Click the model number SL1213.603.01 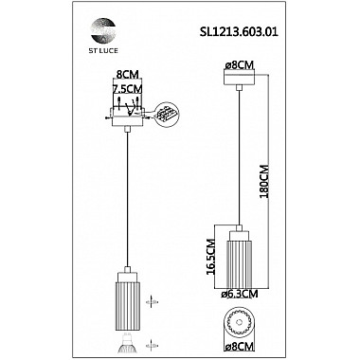(x=239, y=32)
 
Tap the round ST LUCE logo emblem (x=103, y=30)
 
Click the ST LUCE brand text (x=103, y=50)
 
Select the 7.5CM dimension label (x=128, y=89)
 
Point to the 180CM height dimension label (x=263, y=181)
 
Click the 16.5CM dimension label (x=211, y=257)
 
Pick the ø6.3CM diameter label (x=240, y=294)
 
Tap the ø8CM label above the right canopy (x=239, y=65)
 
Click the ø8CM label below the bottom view (x=239, y=347)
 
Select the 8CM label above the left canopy (x=128, y=75)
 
